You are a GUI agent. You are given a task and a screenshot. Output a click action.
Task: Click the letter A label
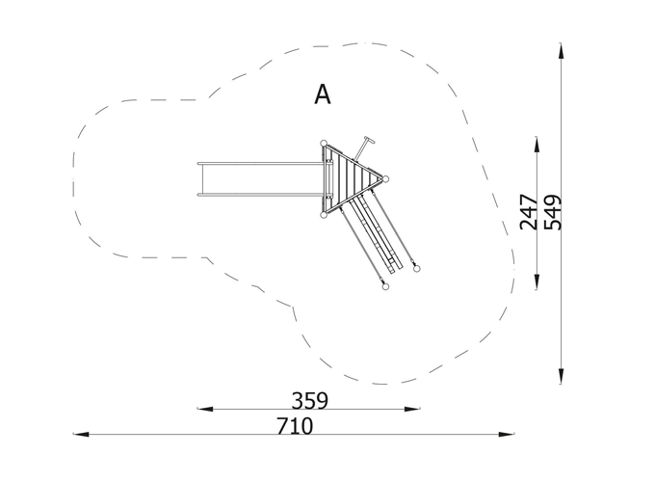[322, 94]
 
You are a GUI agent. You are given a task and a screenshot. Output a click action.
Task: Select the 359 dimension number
[309, 400]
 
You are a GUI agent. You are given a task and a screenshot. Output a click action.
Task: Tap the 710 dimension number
[295, 426]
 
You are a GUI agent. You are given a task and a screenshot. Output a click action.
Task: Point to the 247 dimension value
[529, 212]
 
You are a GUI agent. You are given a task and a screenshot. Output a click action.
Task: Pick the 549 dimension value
[554, 212]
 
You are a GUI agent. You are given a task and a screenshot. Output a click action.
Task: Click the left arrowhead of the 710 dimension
[81, 435]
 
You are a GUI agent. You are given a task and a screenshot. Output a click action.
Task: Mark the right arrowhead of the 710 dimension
[507, 435]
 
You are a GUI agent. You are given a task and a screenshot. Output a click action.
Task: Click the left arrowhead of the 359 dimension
[204, 409]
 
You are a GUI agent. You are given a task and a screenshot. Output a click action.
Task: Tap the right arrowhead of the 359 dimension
[412, 409]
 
